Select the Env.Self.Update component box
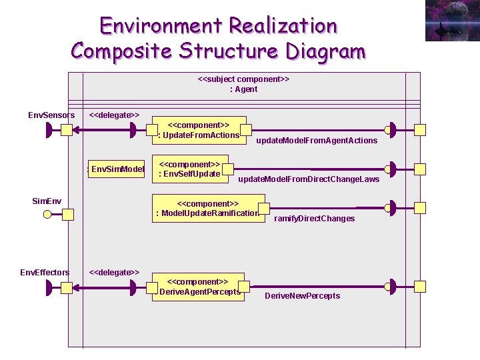tap(190, 169)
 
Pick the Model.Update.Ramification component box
tap(208, 208)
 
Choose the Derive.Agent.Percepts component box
tap(198, 286)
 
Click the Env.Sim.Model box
tap(117, 169)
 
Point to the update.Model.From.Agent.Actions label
tap(317, 141)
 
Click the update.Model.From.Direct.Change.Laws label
tap(309, 179)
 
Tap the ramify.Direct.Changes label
tap(314, 219)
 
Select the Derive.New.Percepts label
tap(302, 296)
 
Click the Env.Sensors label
tap(51, 115)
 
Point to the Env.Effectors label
tap(45, 272)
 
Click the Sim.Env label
tap(47, 201)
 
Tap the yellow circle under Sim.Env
tap(47, 214)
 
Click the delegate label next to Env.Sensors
tap(114, 115)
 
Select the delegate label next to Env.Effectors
tap(114, 272)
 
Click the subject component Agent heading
tap(243, 84)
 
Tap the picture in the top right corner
tap(451, 21)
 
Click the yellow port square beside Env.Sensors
tap(67, 130)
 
